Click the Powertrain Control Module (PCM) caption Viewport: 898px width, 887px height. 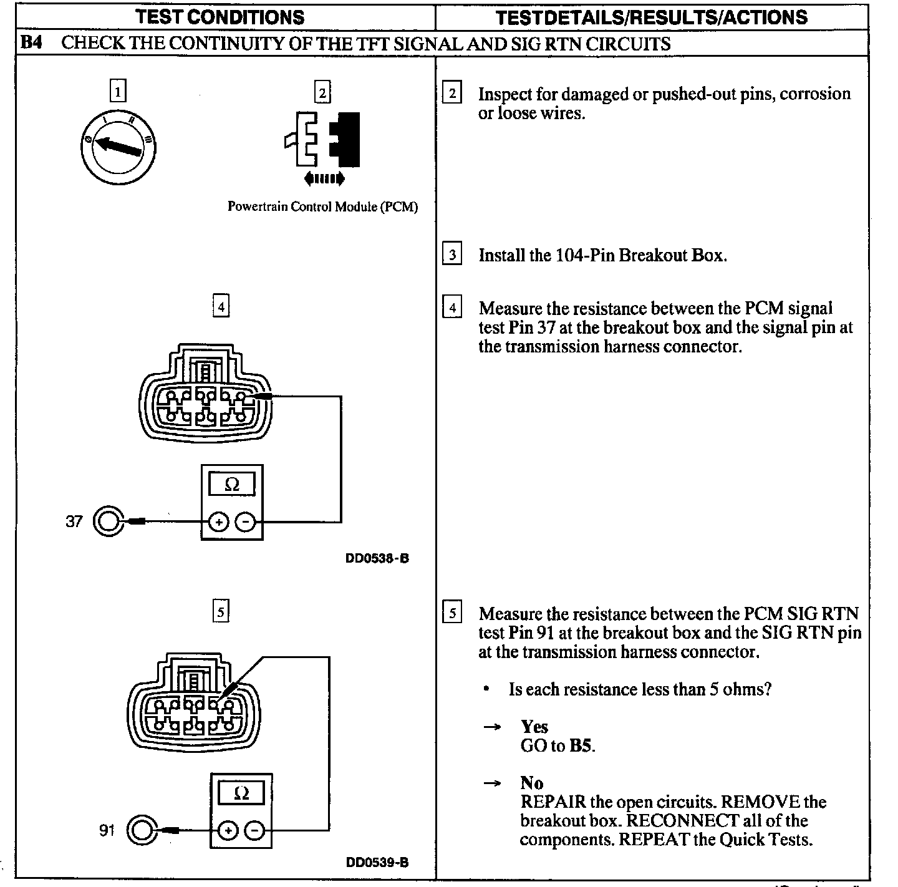(322, 206)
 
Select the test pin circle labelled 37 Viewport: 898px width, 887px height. (107, 521)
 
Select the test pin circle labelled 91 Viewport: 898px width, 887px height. (142, 830)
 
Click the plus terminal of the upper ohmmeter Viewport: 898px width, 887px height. (218, 521)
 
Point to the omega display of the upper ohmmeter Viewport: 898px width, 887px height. (231, 485)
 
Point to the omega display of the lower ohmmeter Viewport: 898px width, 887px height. (241, 793)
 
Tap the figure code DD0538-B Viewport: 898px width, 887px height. (377, 559)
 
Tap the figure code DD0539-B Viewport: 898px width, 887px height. (377, 863)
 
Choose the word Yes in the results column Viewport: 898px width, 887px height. (534, 727)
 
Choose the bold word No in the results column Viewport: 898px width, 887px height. (531, 783)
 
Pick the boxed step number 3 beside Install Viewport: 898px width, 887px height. (452, 254)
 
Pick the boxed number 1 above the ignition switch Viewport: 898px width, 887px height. (117, 91)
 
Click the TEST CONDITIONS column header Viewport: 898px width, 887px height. (220, 17)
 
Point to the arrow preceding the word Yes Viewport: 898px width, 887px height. (493, 727)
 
